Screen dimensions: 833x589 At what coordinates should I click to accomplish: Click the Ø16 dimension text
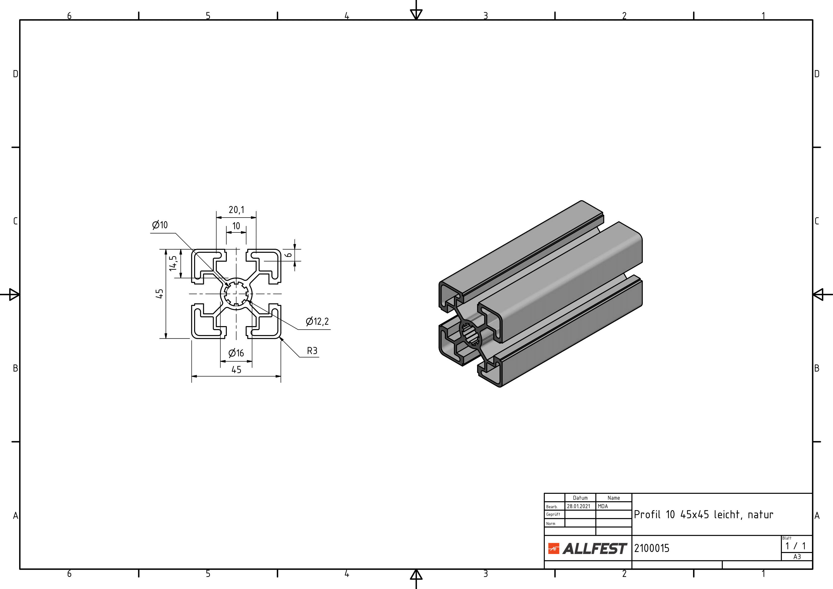click(236, 353)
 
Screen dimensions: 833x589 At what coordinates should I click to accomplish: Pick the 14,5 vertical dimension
click(173, 263)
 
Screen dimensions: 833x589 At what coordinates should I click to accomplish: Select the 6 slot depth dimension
click(289, 255)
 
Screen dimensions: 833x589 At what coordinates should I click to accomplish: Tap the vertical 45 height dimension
click(159, 294)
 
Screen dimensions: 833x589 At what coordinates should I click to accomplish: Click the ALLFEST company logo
click(587, 548)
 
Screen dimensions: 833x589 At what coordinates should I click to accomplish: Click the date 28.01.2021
click(579, 506)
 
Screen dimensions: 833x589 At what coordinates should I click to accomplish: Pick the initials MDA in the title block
click(603, 506)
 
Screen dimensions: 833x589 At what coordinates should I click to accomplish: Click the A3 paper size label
click(797, 557)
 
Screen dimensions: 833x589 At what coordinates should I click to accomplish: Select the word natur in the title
click(760, 515)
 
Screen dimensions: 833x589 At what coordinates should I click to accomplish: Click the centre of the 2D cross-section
click(236, 294)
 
